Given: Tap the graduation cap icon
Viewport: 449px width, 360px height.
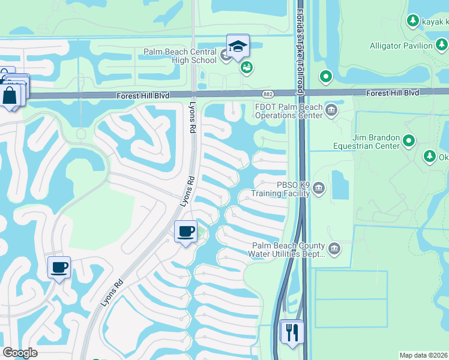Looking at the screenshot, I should [238, 46].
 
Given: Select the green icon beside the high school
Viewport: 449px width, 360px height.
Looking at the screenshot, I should [247, 68].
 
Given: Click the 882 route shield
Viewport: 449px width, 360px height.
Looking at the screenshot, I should [268, 94].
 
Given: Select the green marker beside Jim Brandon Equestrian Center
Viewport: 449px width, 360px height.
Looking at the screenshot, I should [409, 141].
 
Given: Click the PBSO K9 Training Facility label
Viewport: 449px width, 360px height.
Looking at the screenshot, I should [280, 189].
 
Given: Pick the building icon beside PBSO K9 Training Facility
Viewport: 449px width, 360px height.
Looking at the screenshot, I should [319, 189].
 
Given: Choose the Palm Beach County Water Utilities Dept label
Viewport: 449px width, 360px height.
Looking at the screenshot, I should [288, 250].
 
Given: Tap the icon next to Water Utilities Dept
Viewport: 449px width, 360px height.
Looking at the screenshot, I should [334, 248].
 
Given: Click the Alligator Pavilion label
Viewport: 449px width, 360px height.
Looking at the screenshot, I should [401, 46].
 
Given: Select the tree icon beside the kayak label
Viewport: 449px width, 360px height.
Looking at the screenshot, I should [412, 22].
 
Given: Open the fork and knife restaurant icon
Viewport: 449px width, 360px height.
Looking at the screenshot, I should [293, 332].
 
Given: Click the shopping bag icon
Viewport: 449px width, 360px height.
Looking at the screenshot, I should [11, 95].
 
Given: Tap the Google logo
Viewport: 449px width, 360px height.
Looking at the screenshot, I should [20, 353].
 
